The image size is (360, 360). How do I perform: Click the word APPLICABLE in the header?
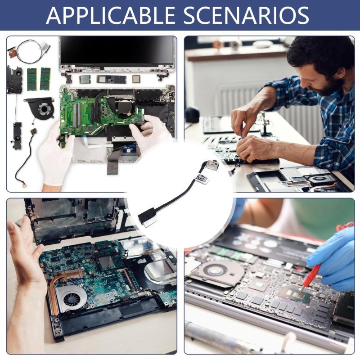click(111, 15)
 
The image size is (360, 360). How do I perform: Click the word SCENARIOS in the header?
click(246, 15)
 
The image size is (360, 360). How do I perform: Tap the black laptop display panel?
click(117, 51)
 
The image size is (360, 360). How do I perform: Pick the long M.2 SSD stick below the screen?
click(111, 80)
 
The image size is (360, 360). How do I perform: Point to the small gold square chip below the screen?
click(136, 79)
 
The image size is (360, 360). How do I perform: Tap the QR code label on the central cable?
click(201, 178)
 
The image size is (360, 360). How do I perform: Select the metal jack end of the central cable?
click(211, 165)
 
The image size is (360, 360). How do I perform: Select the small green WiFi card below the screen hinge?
click(85, 80)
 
